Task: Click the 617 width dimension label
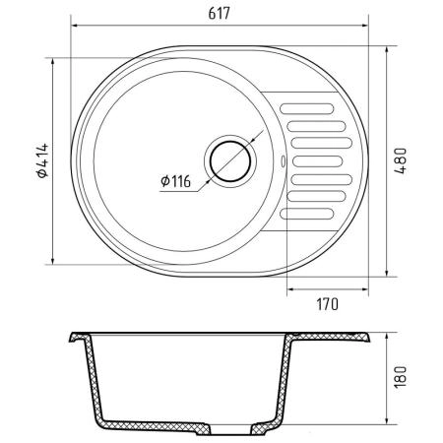click(220, 14)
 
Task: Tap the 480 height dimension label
click(401, 161)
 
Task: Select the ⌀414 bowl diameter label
click(42, 160)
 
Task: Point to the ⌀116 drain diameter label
click(175, 181)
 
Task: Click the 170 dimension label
click(327, 304)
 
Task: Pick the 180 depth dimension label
click(401, 376)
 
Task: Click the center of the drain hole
click(230, 161)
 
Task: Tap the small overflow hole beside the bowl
click(283, 161)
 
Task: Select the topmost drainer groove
click(307, 108)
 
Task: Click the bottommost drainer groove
click(307, 214)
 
